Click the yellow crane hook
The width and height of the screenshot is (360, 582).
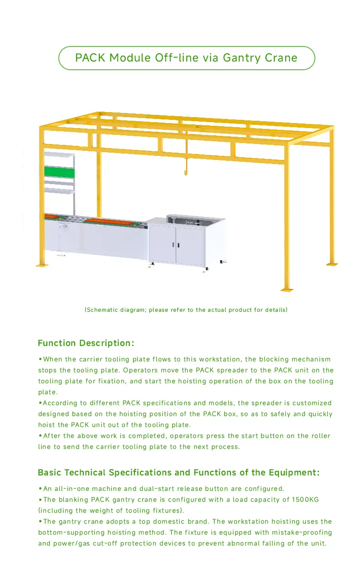[x=185, y=172]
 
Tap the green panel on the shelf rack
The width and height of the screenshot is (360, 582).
[x=59, y=172]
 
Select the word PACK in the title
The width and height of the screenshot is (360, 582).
[x=90, y=58]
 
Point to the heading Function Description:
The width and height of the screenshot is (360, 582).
[x=86, y=343]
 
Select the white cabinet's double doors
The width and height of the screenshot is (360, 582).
[x=176, y=245]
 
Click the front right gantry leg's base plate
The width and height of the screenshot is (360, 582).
[x=287, y=289]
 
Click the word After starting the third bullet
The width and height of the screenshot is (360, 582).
[x=51, y=436]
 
